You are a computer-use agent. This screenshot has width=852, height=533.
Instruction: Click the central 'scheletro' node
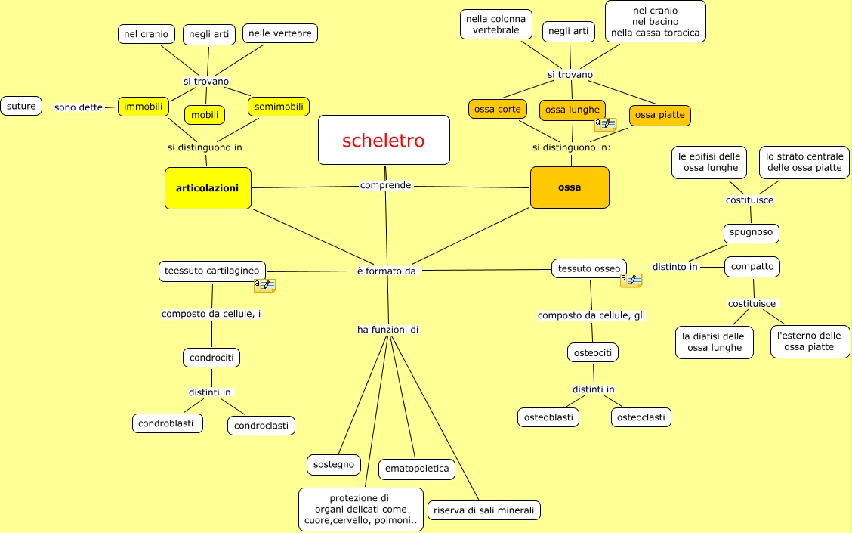(x=384, y=140)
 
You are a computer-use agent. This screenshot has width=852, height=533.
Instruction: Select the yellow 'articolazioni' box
(x=208, y=187)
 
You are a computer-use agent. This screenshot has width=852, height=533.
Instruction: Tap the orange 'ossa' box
(x=570, y=187)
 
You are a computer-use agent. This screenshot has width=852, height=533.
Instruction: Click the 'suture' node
(x=21, y=106)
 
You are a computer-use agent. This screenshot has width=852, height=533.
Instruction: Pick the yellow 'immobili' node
(x=143, y=107)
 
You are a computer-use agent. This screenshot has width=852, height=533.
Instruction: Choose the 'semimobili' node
(x=279, y=107)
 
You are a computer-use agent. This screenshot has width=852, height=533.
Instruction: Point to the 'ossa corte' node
(x=497, y=109)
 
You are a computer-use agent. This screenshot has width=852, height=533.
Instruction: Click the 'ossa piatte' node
(x=659, y=115)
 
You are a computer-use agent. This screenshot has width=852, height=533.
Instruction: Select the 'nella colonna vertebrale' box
(x=495, y=24)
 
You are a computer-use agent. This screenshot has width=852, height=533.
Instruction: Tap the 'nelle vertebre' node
(x=280, y=33)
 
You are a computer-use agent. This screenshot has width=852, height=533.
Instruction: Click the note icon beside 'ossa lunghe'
(x=605, y=124)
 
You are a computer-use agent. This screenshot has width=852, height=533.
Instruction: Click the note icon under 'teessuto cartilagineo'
(x=264, y=285)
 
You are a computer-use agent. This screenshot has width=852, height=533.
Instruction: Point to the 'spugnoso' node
(x=751, y=232)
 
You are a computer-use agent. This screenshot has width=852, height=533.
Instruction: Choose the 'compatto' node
(x=752, y=266)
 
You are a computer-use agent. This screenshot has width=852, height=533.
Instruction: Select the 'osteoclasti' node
(x=641, y=417)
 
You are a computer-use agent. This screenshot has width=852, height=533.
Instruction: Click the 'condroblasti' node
(x=167, y=423)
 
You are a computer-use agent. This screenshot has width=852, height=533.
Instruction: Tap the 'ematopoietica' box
(x=416, y=469)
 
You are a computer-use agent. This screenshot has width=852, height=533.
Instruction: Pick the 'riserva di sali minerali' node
(x=484, y=510)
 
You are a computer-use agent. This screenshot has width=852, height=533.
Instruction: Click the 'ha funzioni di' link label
(x=388, y=330)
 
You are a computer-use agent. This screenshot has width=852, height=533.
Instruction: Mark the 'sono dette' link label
(x=79, y=107)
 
